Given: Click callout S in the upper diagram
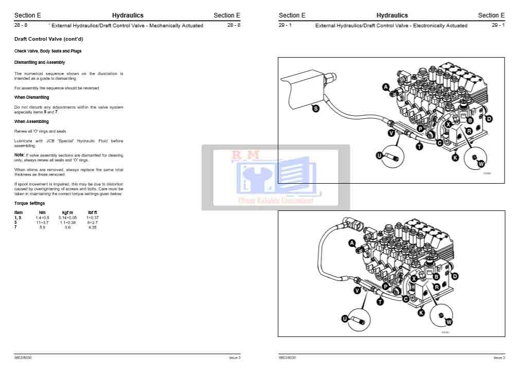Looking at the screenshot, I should pyautogui.click(x=316, y=108).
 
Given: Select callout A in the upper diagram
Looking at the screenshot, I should pyautogui.click(x=386, y=87).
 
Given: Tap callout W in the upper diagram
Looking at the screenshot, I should pyautogui.click(x=481, y=164).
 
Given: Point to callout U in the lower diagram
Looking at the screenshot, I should pyautogui.click(x=345, y=319).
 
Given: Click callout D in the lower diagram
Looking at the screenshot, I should pyautogui.click(x=455, y=276).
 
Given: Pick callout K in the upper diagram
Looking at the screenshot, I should pyautogui.click(x=455, y=158).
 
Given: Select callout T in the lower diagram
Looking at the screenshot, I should pyautogui.click(x=380, y=302).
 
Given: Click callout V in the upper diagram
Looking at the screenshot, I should pyautogui.click(x=391, y=133).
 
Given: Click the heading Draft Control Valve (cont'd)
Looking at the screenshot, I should pyautogui.click(x=48, y=39).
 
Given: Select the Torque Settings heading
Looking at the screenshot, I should pyautogui.click(x=29, y=204).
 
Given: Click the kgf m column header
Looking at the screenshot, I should pyautogui.click(x=67, y=212).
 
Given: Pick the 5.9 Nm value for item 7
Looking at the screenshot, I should pyautogui.click(x=42, y=227).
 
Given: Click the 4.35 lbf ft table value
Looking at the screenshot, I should pyautogui.click(x=93, y=227).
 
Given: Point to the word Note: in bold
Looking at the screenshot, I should pyautogui.click(x=19, y=155).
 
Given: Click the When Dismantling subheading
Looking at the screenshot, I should pyautogui.click(x=31, y=97).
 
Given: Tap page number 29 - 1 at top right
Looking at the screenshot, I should pyautogui.click(x=498, y=25).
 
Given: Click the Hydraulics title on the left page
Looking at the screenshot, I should pyautogui.click(x=128, y=15).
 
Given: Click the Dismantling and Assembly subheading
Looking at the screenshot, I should pyautogui.click(x=40, y=62).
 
